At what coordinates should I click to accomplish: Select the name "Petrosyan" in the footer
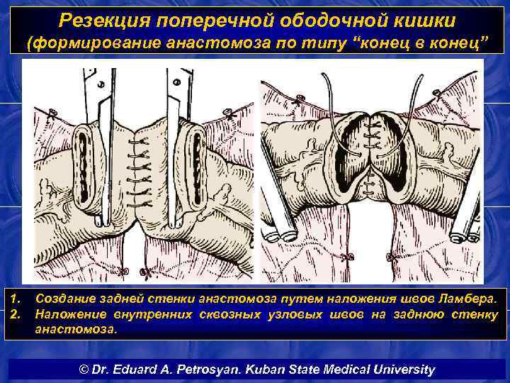239,369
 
